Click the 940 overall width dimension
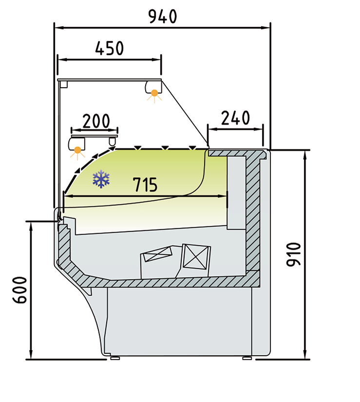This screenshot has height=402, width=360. pyautogui.click(x=163, y=17)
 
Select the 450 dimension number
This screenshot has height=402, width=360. pyautogui.click(x=109, y=48)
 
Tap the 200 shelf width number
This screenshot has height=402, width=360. pyautogui.click(x=96, y=121)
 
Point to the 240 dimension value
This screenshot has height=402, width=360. pyautogui.click(x=235, y=118)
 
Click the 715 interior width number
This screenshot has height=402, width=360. pyautogui.click(x=145, y=184)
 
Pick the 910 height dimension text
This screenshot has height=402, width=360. pyautogui.click(x=293, y=255)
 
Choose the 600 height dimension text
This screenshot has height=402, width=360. pyautogui.click(x=20, y=290)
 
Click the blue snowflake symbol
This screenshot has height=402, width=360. pyautogui.click(x=101, y=179)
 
